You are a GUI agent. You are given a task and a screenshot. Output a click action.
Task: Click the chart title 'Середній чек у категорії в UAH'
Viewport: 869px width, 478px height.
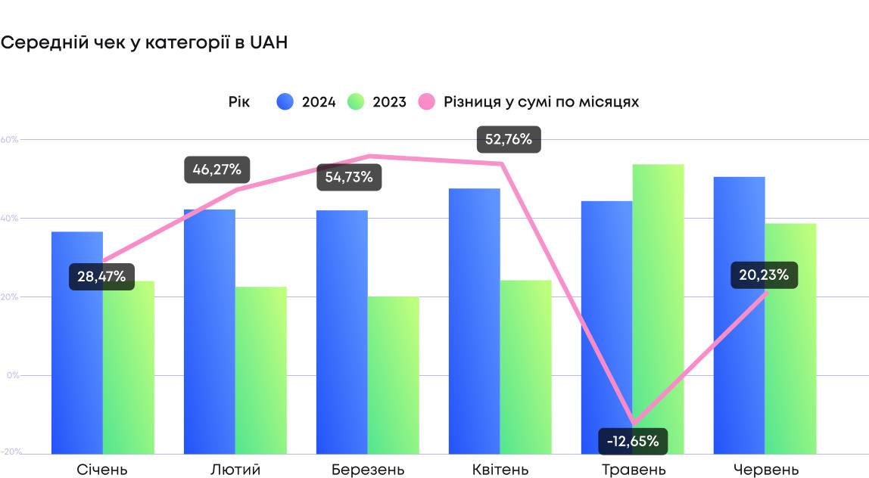tap(144, 43)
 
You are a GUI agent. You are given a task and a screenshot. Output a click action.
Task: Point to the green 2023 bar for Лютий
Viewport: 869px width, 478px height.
tap(260, 371)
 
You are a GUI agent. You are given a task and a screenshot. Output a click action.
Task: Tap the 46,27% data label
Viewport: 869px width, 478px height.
tap(217, 169)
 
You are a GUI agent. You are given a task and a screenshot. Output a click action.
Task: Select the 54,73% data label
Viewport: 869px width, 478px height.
tap(349, 177)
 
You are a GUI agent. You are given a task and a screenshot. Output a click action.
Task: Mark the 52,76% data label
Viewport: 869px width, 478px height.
tap(509, 139)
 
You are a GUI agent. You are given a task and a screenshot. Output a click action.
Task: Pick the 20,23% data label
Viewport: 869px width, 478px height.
tap(764, 275)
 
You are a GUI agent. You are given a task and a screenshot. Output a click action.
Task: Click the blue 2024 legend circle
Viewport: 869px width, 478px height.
tap(285, 102)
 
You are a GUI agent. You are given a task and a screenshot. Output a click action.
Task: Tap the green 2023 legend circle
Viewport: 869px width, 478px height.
tap(356, 102)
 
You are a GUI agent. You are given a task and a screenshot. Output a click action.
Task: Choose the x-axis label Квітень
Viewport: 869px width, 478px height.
tap(501, 470)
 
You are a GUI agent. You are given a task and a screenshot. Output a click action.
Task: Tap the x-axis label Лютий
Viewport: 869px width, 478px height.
tap(235, 470)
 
